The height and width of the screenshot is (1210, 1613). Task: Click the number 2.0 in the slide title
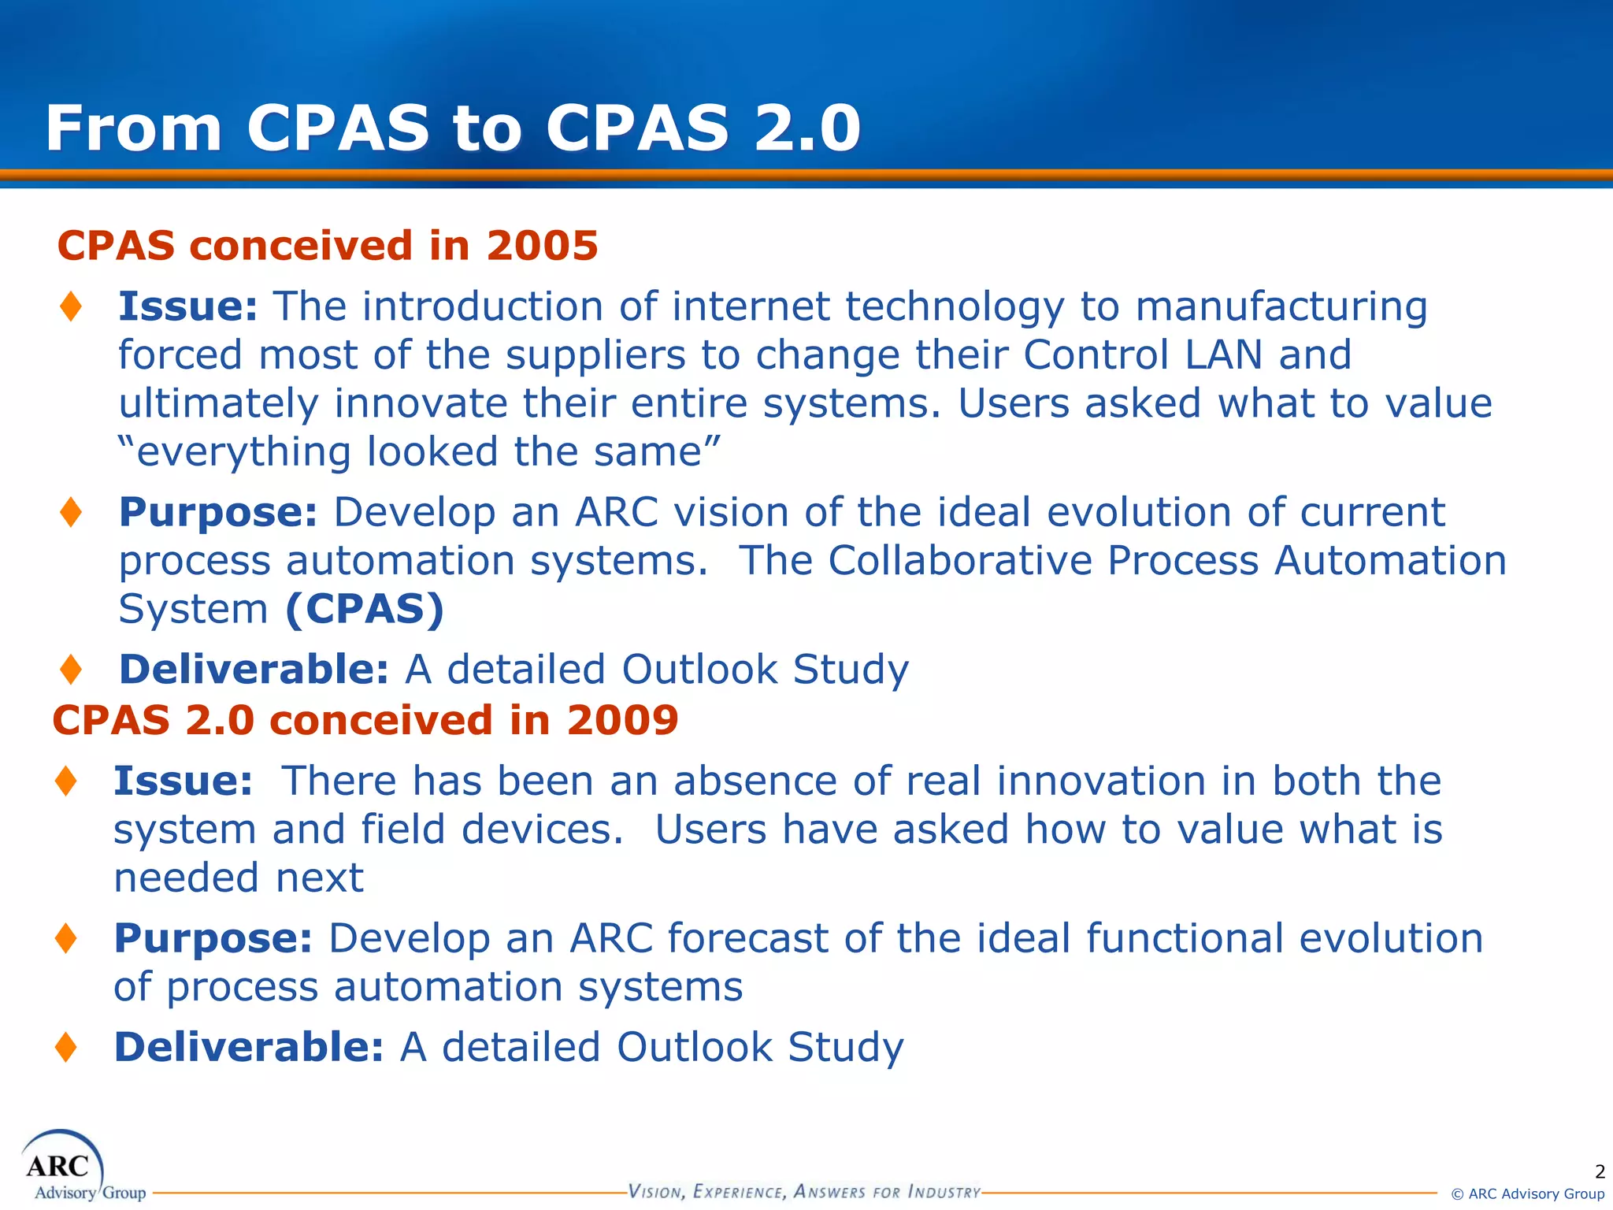806,128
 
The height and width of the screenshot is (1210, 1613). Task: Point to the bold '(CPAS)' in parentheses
365,609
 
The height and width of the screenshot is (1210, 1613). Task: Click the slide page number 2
1599,1171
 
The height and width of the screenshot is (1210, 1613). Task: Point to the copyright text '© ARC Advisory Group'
1527,1194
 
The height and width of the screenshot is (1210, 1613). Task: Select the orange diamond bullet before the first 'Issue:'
71,306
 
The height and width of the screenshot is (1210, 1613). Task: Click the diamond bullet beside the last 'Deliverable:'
66,1047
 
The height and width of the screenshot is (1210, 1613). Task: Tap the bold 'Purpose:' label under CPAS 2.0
213,940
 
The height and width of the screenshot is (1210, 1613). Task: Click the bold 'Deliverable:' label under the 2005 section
254,670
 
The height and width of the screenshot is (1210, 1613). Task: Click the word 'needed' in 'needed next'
186,878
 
